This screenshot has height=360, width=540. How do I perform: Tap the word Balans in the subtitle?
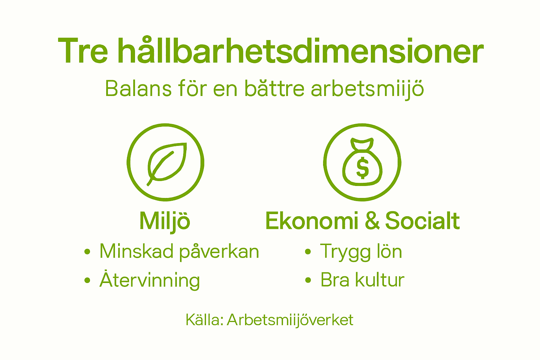point(138,89)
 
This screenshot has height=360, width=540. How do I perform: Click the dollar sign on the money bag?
point(362,168)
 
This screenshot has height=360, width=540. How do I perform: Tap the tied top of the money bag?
point(362,143)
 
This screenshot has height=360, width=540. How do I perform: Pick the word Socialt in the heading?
point(422,221)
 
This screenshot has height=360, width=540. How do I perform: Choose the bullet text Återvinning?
point(150,280)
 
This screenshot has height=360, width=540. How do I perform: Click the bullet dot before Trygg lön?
point(308,252)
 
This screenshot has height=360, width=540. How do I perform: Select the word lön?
point(389,251)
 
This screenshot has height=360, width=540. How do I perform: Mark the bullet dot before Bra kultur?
point(308,280)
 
